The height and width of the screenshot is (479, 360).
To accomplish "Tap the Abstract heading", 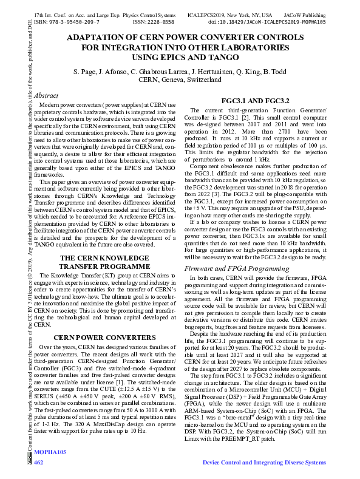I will [x=46, y=95].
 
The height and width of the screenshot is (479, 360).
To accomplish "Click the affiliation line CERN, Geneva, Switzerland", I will [x=180, y=80].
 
